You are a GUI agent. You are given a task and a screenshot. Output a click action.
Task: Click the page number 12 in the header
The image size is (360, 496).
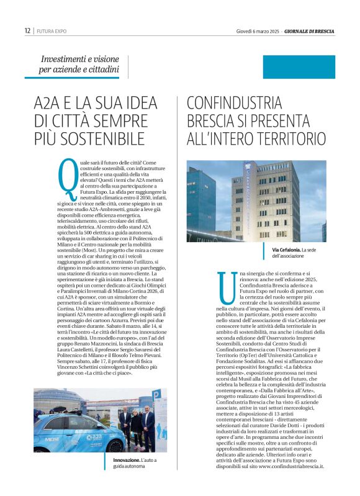tap(27, 30)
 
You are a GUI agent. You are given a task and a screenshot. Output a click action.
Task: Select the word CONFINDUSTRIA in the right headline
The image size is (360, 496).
tap(235, 101)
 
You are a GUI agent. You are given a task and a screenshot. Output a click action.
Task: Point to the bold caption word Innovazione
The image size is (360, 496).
tap(127, 459)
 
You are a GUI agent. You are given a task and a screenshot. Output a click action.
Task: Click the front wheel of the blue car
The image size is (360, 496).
tap(115, 446)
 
